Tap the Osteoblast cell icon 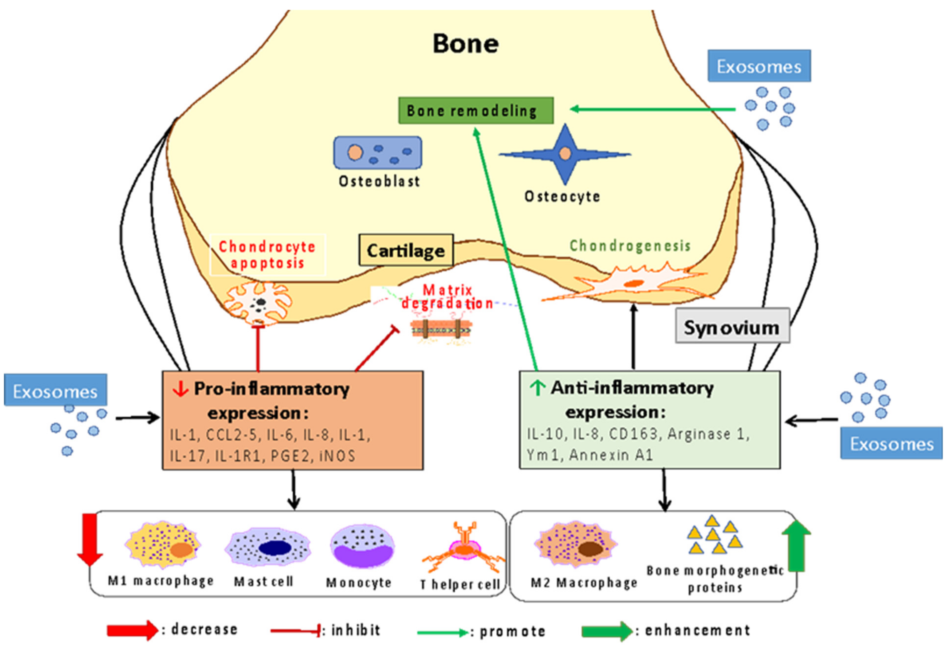click(x=378, y=153)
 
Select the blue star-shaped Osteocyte click(x=565, y=154)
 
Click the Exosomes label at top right click(x=759, y=66)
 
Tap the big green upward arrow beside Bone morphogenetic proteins click(x=796, y=546)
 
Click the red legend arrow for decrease click(x=132, y=630)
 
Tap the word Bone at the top click(x=466, y=44)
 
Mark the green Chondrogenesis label click(x=630, y=246)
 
